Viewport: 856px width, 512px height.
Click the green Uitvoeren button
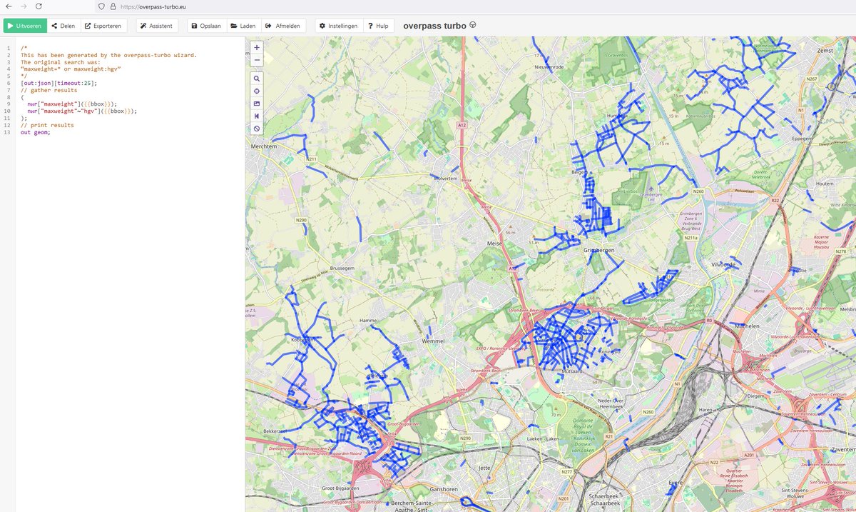click(25, 26)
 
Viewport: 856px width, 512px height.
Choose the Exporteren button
click(103, 26)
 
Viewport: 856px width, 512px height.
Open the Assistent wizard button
click(157, 26)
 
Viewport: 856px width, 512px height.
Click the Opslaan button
click(205, 26)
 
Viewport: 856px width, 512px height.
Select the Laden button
click(243, 26)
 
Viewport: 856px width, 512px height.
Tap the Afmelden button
click(283, 26)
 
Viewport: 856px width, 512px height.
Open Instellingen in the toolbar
click(338, 26)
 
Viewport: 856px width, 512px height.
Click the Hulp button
click(378, 26)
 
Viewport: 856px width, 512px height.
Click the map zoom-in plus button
click(257, 47)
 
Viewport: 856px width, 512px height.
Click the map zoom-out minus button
click(257, 60)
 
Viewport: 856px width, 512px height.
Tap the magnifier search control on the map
click(257, 79)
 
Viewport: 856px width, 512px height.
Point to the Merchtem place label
click(263, 146)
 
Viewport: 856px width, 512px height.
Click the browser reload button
click(39, 6)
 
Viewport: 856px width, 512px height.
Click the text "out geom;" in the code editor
click(36, 132)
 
